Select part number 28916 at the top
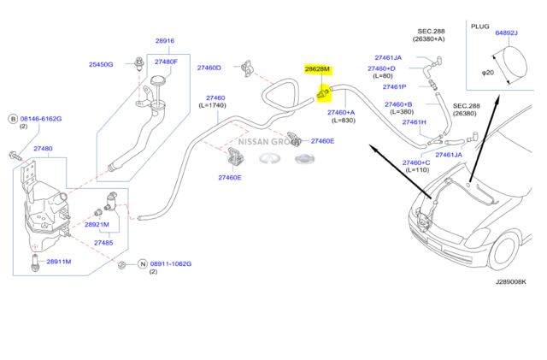[165, 41]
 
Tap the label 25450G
[102, 64]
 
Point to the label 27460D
[209, 68]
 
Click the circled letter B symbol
[13, 118]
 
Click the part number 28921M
[97, 224]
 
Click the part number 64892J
[506, 33]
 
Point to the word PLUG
[479, 27]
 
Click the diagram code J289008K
[511, 281]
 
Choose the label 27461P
[394, 87]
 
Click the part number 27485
[103, 243]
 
